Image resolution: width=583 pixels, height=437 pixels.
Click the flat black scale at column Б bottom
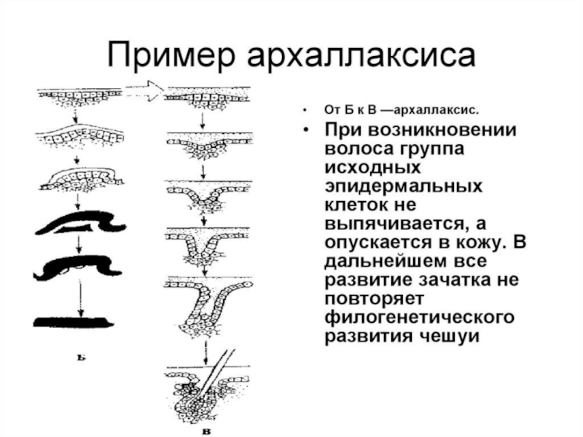tap(72, 320)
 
